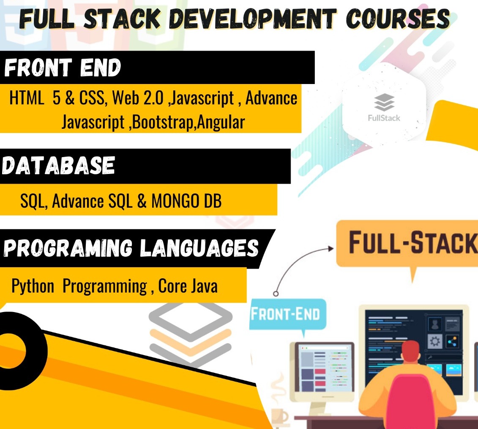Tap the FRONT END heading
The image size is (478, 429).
63,67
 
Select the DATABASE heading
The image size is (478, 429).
58,166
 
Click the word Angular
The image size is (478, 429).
221,122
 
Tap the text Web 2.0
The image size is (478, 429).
138,98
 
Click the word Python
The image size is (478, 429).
33,287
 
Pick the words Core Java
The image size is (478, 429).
188,286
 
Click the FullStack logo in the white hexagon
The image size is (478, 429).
384,107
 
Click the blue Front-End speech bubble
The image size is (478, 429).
288,315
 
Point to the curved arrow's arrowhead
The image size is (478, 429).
331,248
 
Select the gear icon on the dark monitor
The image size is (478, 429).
435,341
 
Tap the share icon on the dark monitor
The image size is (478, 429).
452,341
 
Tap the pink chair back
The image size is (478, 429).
411,402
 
